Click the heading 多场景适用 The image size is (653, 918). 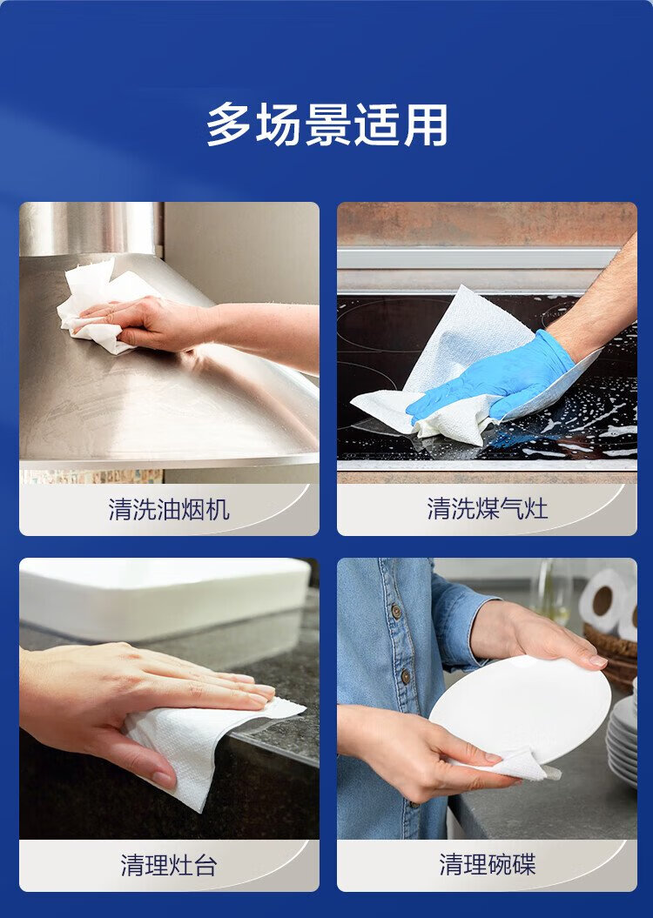click(x=326, y=124)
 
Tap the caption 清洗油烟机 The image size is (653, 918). click(x=169, y=509)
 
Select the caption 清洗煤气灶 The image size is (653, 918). click(x=488, y=508)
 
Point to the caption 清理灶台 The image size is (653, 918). click(x=169, y=865)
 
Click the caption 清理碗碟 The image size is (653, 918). click(x=488, y=865)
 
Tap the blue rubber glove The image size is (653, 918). click(x=492, y=377)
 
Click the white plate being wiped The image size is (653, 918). click(x=522, y=708)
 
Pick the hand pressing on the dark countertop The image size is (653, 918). click(x=140, y=702)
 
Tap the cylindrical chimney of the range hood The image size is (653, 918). click(x=91, y=228)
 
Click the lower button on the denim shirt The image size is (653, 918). click(x=405, y=677)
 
